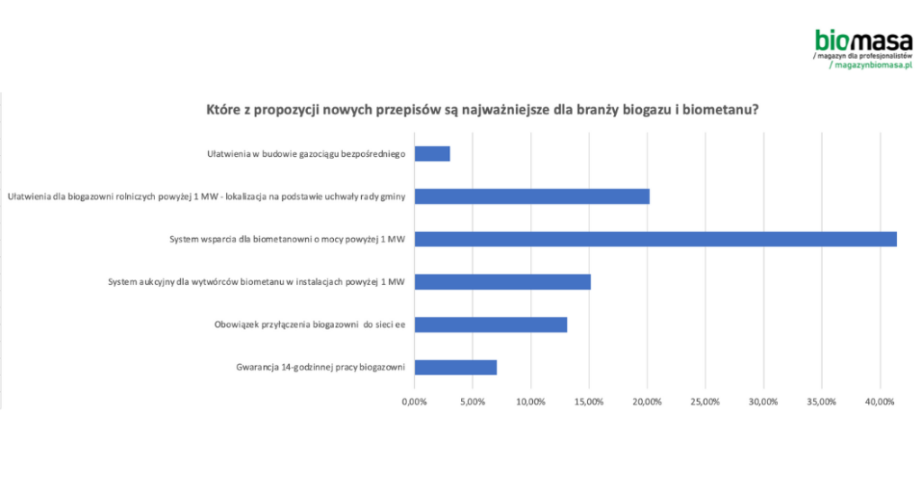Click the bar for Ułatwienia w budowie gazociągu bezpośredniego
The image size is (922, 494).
tap(432, 153)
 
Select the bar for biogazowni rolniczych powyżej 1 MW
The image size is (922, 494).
tap(531, 196)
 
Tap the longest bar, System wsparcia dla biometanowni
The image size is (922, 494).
tap(655, 239)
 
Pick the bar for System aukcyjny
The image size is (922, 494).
tap(502, 281)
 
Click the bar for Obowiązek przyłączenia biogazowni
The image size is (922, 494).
tap(491, 325)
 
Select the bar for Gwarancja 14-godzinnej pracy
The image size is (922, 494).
tap(456, 367)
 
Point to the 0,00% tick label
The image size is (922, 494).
tap(414, 401)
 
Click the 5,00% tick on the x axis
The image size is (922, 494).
tap(473, 401)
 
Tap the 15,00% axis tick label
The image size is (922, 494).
tap(589, 401)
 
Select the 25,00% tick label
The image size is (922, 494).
tap(705, 401)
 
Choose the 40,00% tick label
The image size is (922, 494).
tap(879, 401)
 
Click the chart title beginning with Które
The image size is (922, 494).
tap(482, 110)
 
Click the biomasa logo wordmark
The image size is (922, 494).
tap(863, 40)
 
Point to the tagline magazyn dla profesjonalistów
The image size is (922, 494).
tap(863, 55)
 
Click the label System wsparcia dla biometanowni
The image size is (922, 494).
tap(287, 239)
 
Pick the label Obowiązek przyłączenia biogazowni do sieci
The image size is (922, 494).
tap(310, 325)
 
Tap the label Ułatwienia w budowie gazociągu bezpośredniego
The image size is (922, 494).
tap(306, 153)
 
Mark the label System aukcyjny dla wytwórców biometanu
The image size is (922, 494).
tap(256, 282)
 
